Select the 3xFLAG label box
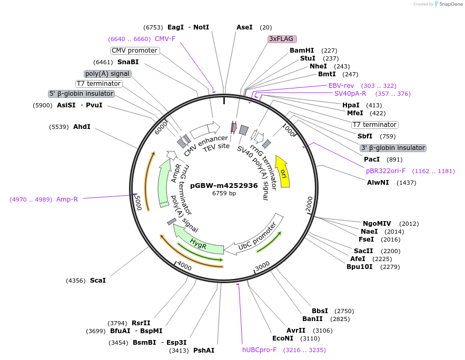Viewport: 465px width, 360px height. point(282,39)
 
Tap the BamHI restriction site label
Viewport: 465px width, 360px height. point(302,51)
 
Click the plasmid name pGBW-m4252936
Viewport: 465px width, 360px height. point(224,185)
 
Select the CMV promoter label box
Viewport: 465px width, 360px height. point(135,51)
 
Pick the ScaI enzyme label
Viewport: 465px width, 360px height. point(98,281)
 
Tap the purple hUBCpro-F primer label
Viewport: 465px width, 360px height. point(259,350)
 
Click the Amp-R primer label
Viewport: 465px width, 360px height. point(67,199)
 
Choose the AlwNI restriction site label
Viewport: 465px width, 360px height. point(378,183)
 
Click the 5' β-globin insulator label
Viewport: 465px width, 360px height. point(81,94)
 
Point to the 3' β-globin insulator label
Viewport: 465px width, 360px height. point(393,148)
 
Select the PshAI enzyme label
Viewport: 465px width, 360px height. point(204,351)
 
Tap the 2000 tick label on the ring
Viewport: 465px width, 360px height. point(309,202)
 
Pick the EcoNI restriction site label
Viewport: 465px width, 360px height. point(283,338)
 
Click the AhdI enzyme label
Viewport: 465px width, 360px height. point(82,127)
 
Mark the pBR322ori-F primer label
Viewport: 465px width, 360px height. point(386,171)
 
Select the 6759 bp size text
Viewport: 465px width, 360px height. point(224,193)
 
